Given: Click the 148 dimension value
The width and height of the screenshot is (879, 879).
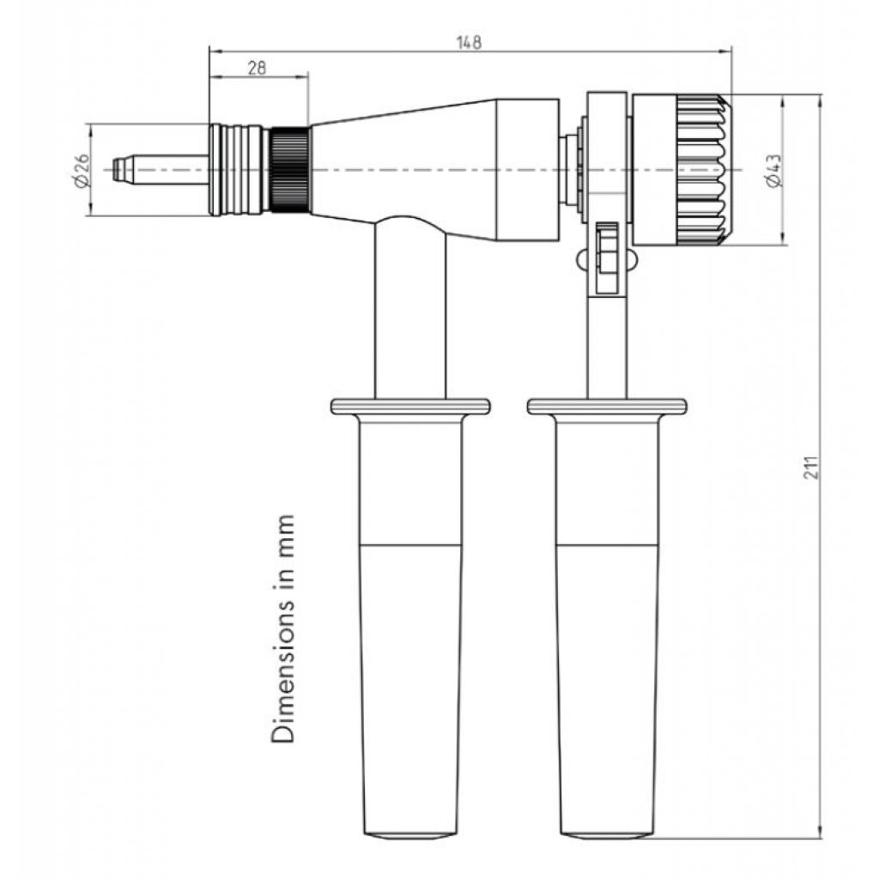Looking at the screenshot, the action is click(x=469, y=43).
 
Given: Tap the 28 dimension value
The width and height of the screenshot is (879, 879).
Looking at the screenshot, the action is click(x=257, y=68).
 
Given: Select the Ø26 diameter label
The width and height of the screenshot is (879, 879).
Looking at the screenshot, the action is click(x=82, y=170).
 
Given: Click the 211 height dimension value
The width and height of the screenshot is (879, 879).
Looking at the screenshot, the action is click(x=812, y=468).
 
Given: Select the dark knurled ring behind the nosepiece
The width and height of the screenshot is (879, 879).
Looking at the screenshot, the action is click(x=289, y=170).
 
